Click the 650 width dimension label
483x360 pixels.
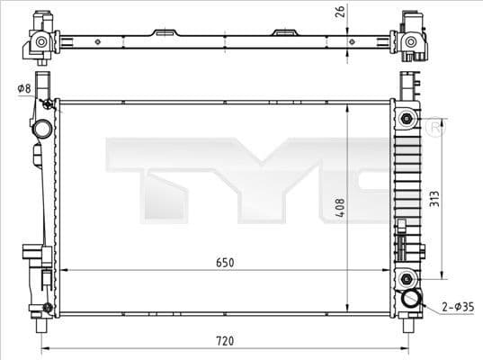tap(224, 262)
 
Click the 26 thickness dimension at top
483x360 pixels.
tap(339, 11)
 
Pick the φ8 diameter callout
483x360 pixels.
tap(22, 88)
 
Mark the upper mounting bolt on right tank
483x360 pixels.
tap(407, 120)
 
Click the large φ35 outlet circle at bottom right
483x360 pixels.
tap(412, 300)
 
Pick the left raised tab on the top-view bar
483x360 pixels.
tap(165, 34)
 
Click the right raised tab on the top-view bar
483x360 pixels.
tap(286, 34)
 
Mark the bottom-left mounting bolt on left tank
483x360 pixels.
tap(47, 310)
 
